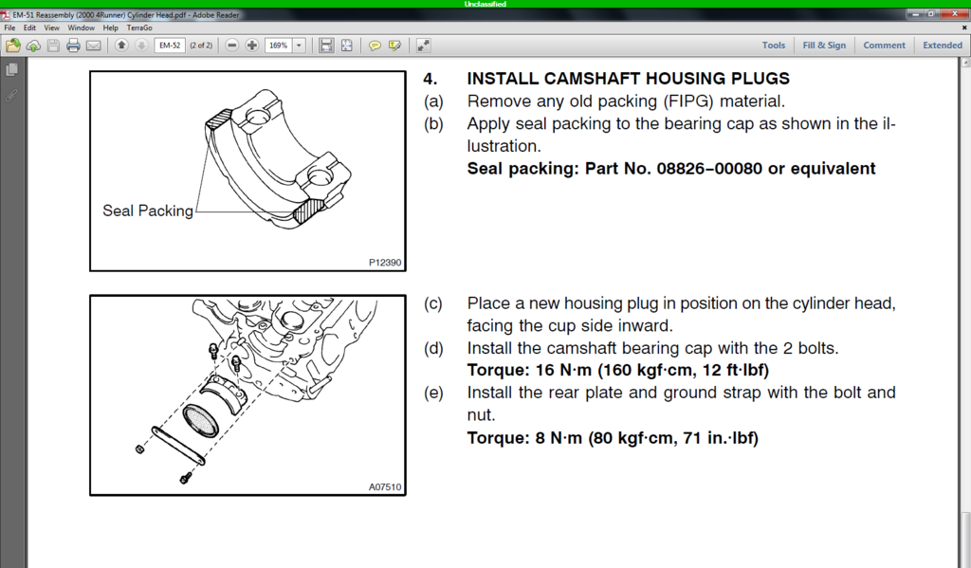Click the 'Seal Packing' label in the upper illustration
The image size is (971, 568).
pos(147,211)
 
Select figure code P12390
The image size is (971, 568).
pos(385,264)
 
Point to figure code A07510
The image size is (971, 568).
pos(385,487)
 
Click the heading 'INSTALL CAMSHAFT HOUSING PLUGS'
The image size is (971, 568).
pos(628,79)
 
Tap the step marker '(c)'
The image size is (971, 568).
pos(432,303)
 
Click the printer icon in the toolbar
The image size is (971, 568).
pos(73,46)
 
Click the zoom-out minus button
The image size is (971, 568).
pos(232,46)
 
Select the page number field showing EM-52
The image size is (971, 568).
pos(169,46)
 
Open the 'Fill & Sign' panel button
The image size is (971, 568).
pos(824,46)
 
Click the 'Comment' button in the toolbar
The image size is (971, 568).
pos(884,46)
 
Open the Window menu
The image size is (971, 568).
pos(81,28)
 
